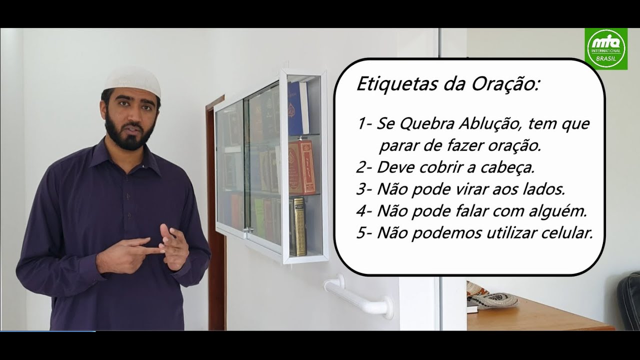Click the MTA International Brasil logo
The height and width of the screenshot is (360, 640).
tap(605, 48)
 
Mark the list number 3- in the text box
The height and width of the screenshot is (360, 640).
tap(364, 189)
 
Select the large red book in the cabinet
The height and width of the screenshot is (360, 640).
tap(302, 167)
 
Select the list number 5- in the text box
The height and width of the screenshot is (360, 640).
tap(364, 233)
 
